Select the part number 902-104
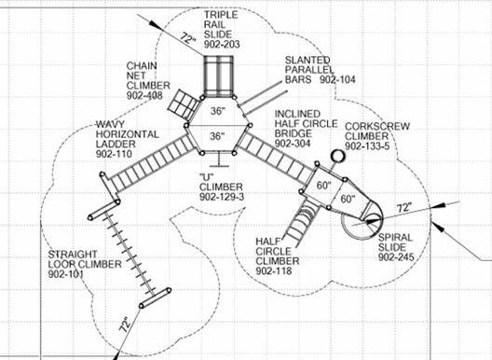[339, 81]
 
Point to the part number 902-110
[116, 154]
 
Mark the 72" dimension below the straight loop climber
[124, 327]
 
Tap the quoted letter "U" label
[208, 176]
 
